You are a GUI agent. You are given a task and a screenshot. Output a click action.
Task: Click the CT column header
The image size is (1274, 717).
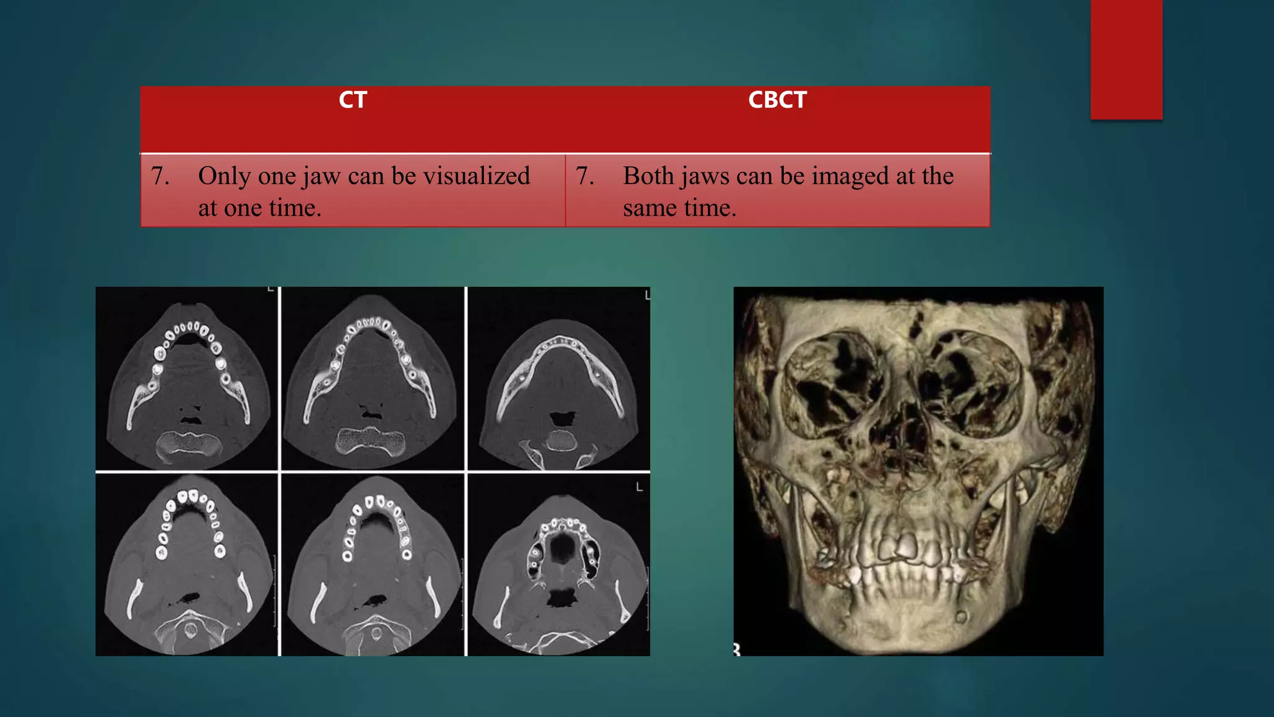(353, 100)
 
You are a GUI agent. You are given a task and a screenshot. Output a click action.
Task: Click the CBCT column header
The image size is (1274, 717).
(777, 100)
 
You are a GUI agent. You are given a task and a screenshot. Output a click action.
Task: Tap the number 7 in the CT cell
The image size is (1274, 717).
(159, 176)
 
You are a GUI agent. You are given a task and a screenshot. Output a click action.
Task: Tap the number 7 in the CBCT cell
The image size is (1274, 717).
(584, 176)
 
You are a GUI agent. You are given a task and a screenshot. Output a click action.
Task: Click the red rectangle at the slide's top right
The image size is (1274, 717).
(1126, 59)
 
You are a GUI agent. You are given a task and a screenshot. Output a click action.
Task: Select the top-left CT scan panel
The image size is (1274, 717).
(187, 378)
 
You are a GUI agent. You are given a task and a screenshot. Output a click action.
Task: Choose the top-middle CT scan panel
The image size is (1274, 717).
(373, 378)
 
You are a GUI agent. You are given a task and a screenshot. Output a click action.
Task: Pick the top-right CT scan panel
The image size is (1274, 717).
(559, 378)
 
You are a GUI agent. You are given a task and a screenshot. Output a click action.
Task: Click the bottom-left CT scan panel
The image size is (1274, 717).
(187, 565)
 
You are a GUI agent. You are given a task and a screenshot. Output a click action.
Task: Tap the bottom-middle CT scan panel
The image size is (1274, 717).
(373, 565)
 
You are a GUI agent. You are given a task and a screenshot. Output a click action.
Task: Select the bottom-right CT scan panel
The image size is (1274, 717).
(559, 565)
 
